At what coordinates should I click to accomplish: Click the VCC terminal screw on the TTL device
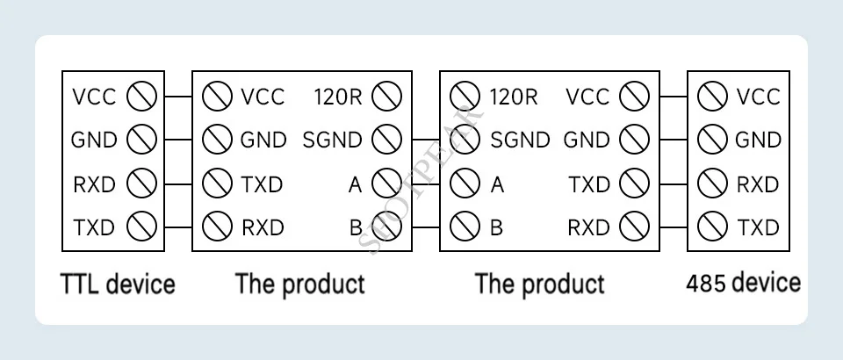tap(141, 96)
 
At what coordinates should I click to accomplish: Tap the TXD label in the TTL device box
tap(94, 227)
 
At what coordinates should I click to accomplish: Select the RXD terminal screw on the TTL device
tap(141, 184)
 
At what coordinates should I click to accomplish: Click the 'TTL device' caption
tap(117, 284)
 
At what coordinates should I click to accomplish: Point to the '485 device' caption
tap(743, 283)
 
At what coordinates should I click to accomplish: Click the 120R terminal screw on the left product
tap(386, 96)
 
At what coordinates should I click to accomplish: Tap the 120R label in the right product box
tap(513, 96)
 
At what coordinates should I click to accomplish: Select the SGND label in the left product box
tap(332, 140)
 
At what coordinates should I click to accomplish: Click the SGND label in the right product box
tap(520, 140)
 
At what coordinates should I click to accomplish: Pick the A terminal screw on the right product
tap(464, 184)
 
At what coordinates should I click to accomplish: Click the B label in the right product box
tap(496, 227)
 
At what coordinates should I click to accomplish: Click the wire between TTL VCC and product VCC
tap(177, 96)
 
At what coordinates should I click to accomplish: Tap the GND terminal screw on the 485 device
tap(712, 140)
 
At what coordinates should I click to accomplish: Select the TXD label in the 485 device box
tap(758, 227)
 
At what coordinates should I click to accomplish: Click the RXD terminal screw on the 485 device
tap(712, 184)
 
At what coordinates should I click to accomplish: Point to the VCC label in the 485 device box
tap(758, 96)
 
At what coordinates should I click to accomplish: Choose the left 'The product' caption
tap(299, 284)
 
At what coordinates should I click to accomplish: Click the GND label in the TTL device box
tap(94, 140)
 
